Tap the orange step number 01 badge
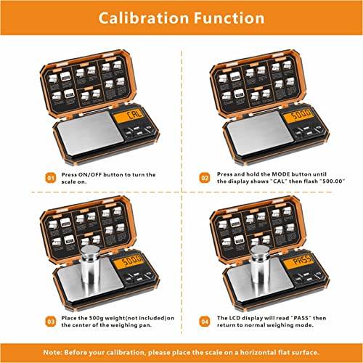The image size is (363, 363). coord(50,176)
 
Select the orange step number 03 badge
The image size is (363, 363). coord(50,320)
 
